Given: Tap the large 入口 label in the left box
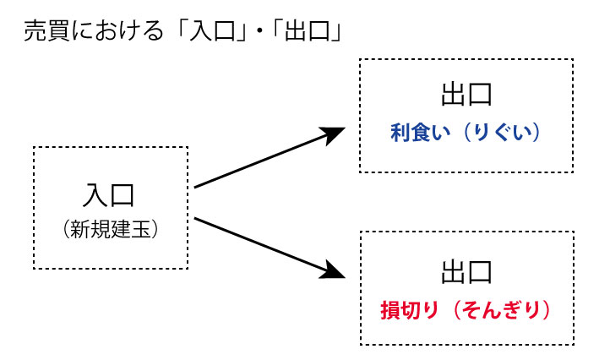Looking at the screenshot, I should [110, 196].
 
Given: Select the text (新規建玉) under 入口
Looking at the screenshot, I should [110, 229].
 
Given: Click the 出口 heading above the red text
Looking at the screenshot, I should [466, 273].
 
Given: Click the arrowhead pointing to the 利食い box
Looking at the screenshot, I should [336, 134].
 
